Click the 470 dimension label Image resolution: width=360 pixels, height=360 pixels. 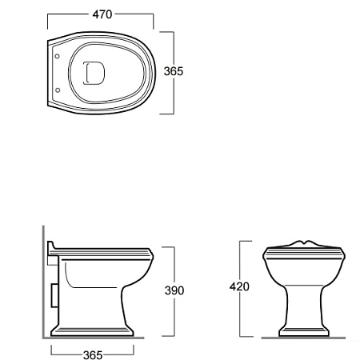pyautogui.click(x=102, y=14)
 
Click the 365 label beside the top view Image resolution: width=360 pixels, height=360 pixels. pyautogui.click(x=174, y=71)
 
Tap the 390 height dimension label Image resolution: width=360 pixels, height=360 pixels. pyautogui.click(x=174, y=290)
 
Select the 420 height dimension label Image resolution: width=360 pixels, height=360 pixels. pyautogui.click(x=239, y=286)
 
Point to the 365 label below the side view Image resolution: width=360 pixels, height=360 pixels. pyautogui.click(x=93, y=355)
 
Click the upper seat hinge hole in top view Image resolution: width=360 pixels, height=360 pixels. pyautogui.click(x=57, y=56)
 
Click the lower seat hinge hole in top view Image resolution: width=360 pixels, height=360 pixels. pyautogui.click(x=58, y=90)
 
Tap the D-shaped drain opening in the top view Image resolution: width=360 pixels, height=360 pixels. pyautogui.click(x=94, y=73)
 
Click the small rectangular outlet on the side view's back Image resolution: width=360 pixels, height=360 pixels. pyautogui.click(x=54, y=295)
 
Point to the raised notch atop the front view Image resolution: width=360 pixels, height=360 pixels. pyautogui.click(x=304, y=243)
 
